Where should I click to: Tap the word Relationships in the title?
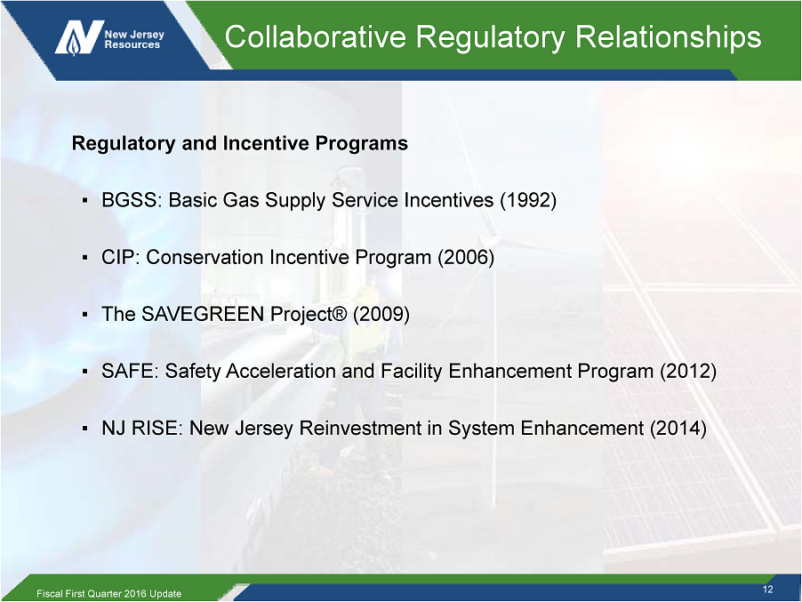point(668,38)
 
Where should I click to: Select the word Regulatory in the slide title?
point(491,38)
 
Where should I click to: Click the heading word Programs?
point(362,144)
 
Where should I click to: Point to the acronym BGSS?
point(132,200)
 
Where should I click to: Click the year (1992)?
point(528,200)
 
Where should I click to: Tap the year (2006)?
point(466,257)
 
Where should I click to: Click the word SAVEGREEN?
point(203,314)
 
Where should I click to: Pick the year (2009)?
point(381,314)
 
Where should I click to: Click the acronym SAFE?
point(130,371)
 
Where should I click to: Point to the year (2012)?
point(688,371)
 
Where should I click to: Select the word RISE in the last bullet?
point(155,428)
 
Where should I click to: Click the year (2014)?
point(678,428)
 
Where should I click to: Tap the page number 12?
point(767,590)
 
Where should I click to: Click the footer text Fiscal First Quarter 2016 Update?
point(109,593)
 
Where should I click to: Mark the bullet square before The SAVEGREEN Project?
point(85,314)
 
